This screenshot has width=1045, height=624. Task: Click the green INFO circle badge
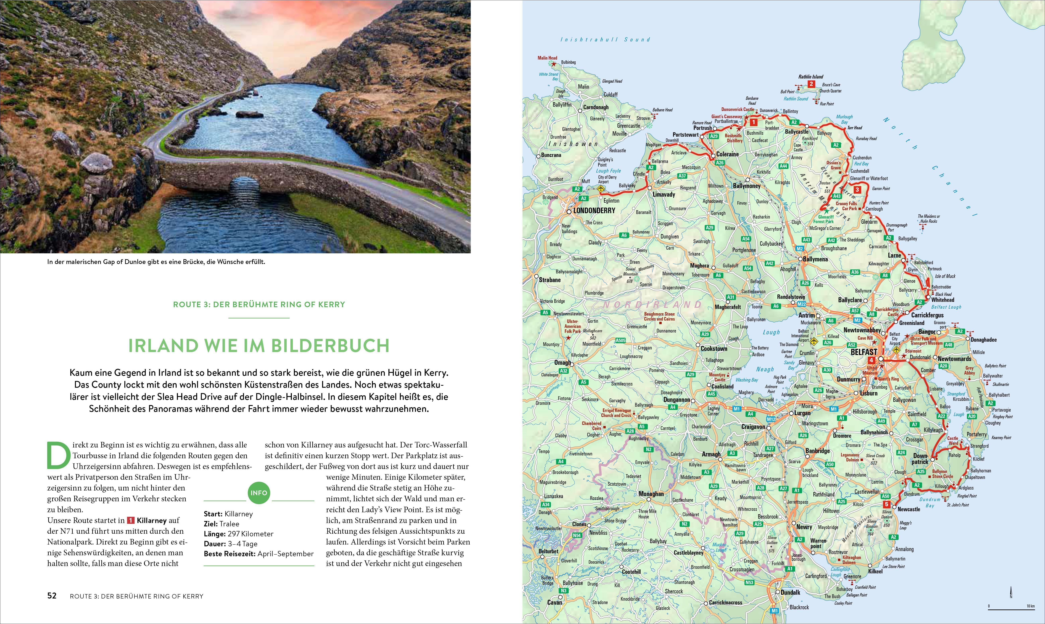point(259,493)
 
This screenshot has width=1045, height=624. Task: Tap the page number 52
point(52,596)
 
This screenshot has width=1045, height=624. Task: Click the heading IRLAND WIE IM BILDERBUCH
point(259,346)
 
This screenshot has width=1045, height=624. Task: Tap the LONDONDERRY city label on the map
point(594,211)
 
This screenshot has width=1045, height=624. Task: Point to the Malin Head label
point(547,58)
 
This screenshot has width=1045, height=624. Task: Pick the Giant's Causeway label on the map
point(726,117)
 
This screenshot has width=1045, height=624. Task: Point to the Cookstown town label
point(714,349)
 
